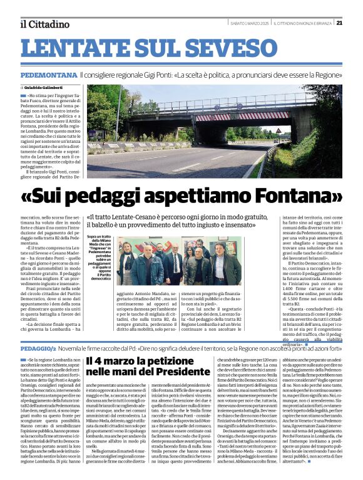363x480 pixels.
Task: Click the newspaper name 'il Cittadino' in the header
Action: click(44, 24)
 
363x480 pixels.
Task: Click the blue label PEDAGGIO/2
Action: click(38, 347)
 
